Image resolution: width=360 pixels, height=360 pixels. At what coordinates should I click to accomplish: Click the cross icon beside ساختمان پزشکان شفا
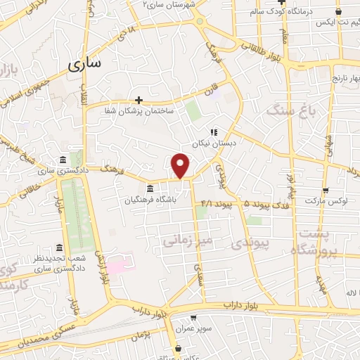139,99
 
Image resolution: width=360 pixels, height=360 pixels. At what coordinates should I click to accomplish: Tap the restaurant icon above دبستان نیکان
213,131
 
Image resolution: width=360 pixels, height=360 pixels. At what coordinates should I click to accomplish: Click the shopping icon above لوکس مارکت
325,191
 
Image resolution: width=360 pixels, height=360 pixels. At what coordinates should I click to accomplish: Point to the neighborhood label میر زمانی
187,240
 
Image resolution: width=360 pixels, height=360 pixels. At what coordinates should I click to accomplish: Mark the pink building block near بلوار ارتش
119,267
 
